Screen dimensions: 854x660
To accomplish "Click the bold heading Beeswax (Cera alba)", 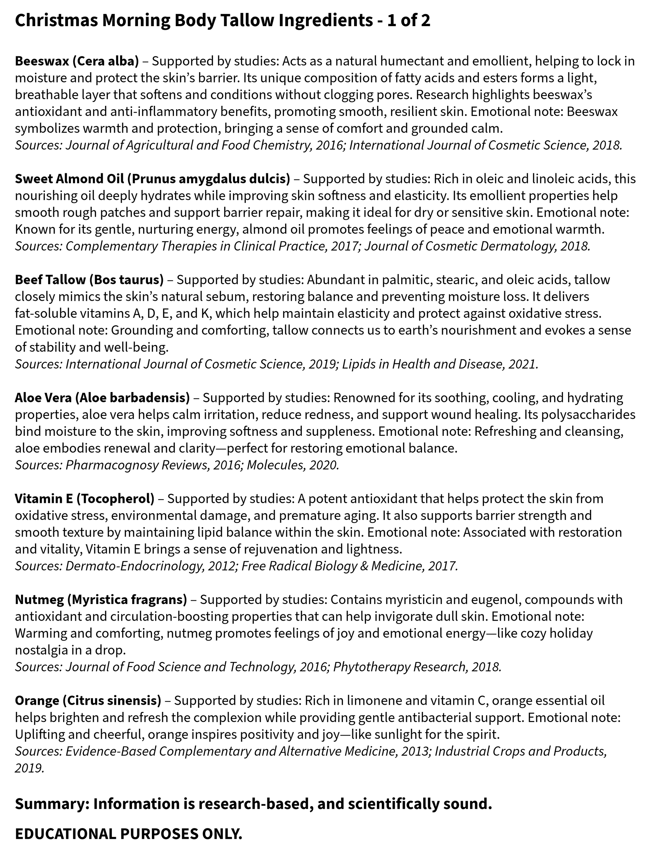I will (x=77, y=61).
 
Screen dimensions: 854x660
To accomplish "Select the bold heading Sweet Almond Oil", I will (x=153, y=179).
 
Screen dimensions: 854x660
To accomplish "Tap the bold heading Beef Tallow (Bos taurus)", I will (x=89, y=279).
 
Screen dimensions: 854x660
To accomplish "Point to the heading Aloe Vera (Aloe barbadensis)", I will (x=102, y=398).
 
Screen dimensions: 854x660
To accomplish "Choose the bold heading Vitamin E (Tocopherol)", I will (x=84, y=499).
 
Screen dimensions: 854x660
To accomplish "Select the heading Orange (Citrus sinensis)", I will (x=88, y=700).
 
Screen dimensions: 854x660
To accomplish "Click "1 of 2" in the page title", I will (x=409, y=21).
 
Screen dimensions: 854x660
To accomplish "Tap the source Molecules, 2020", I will (x=292, y=465).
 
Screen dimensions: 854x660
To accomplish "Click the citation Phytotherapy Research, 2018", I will (x=417, y=667).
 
